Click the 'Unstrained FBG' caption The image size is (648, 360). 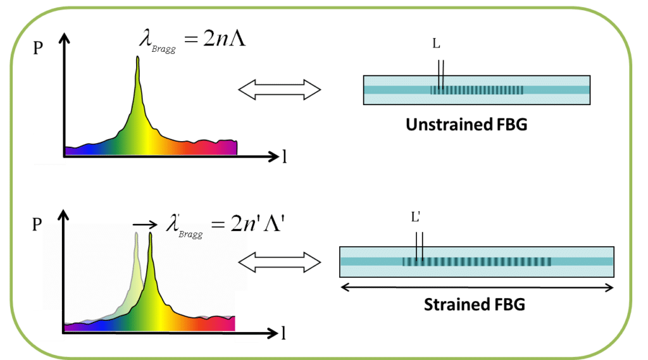click(x=466, y=125)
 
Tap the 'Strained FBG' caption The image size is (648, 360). click(x=475, y=304)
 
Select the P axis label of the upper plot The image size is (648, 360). click(x=38, y=48)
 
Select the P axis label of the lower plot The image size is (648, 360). click(x=37, y=225)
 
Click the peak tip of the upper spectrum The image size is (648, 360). click(x=137, y=57)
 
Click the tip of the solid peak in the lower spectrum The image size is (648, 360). click(x=150, y=233)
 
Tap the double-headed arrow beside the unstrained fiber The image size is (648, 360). click(x=279, y=90)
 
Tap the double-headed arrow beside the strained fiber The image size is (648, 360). click(x=279, y=262)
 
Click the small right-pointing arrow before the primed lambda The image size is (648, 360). click(x=145, y=225)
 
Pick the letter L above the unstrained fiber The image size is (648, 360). click(x=437, y=43)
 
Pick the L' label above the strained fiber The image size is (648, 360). click(x=416, y=216)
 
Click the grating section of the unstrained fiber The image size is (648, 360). click(x=477, y=90)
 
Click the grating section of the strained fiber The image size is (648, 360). click(x=477, y=262)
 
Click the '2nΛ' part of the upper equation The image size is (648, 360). click(x=225, y=39)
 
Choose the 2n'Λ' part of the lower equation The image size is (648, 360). click(x=258, y=223)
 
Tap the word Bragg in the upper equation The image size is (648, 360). click(x=164, y=49)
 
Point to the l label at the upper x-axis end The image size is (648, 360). click(x=284, y=157)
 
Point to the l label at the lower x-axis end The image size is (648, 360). click(x=283, y=333)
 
